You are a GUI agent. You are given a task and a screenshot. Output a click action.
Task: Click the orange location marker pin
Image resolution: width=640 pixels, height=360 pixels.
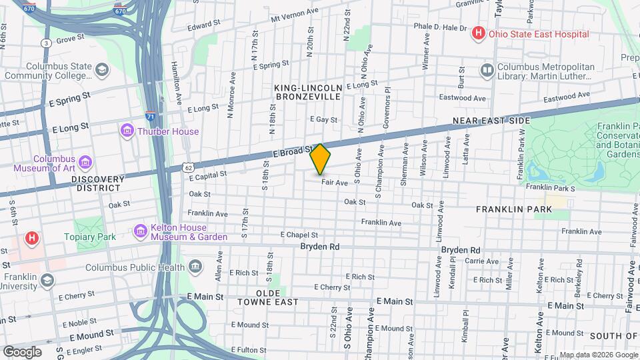coord(320,159)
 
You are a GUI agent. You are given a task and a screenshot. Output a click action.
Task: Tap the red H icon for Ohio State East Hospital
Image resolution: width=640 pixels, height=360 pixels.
coord(478,33)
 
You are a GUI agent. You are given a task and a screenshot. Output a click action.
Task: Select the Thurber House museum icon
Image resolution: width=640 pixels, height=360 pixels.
coord(127,131)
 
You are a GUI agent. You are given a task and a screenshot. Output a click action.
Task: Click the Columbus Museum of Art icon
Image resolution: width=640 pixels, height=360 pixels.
coord(85,163)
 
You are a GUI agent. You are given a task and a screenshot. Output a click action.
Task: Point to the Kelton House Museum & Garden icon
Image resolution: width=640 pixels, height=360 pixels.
coord(141,231)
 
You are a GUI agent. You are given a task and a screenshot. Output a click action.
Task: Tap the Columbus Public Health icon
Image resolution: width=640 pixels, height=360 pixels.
coord(195,267)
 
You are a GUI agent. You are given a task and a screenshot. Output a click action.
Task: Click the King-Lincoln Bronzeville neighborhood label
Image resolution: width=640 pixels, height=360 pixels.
coord(308,92)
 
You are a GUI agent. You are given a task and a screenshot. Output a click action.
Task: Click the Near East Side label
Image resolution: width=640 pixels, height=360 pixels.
coord(491,121)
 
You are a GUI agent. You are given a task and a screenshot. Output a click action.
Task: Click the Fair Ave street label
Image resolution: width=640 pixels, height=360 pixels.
coord(335,183)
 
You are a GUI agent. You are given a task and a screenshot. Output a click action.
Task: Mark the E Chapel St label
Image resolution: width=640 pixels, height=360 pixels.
coord(299,235)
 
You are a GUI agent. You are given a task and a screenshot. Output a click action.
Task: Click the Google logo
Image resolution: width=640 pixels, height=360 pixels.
coord(22,352)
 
